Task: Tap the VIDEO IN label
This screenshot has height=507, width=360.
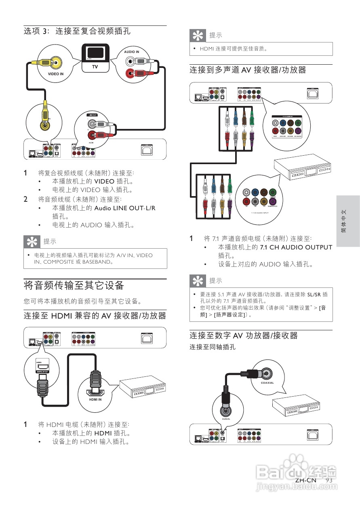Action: [x=56, y=74]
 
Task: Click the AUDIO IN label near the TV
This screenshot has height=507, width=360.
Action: [x=132, y=52]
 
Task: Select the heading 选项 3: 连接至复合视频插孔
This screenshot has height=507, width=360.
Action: [x=77, y=31]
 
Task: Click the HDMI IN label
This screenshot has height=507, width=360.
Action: [x=95, y=399]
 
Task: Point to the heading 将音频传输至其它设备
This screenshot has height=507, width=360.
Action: [x=74, y=285]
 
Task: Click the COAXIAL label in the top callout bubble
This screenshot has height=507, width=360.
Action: [x=267, y=382]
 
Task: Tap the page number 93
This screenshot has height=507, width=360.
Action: [x=328, y=480]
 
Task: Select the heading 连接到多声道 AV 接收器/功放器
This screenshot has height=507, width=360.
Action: [x=248, y=70]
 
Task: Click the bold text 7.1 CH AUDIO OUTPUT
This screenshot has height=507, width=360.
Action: [x=296, y=247]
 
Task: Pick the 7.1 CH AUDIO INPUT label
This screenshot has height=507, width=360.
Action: [x=260, y=212]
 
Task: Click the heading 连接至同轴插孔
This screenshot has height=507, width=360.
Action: [x=213, y=347]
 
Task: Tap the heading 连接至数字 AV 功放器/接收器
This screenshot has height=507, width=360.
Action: [x=244, y=335]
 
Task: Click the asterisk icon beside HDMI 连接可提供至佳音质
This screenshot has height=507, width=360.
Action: [x=198, y=36]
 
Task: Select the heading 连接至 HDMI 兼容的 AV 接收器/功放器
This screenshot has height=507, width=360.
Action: [x=95, y=315]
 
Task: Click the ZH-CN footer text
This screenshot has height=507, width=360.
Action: [x=305, y=480]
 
